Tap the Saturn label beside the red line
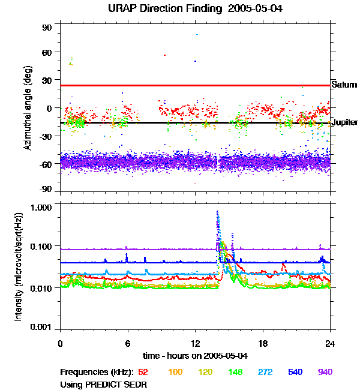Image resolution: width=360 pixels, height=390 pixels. point(344,85)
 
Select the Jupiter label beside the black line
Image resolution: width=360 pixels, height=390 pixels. point(344,122)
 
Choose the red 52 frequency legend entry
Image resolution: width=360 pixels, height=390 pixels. point(143,372)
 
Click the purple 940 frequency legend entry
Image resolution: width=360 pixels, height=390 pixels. point(325,372)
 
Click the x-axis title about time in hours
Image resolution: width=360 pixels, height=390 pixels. point(194,355)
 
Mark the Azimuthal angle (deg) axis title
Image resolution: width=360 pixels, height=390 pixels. point(28,109)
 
